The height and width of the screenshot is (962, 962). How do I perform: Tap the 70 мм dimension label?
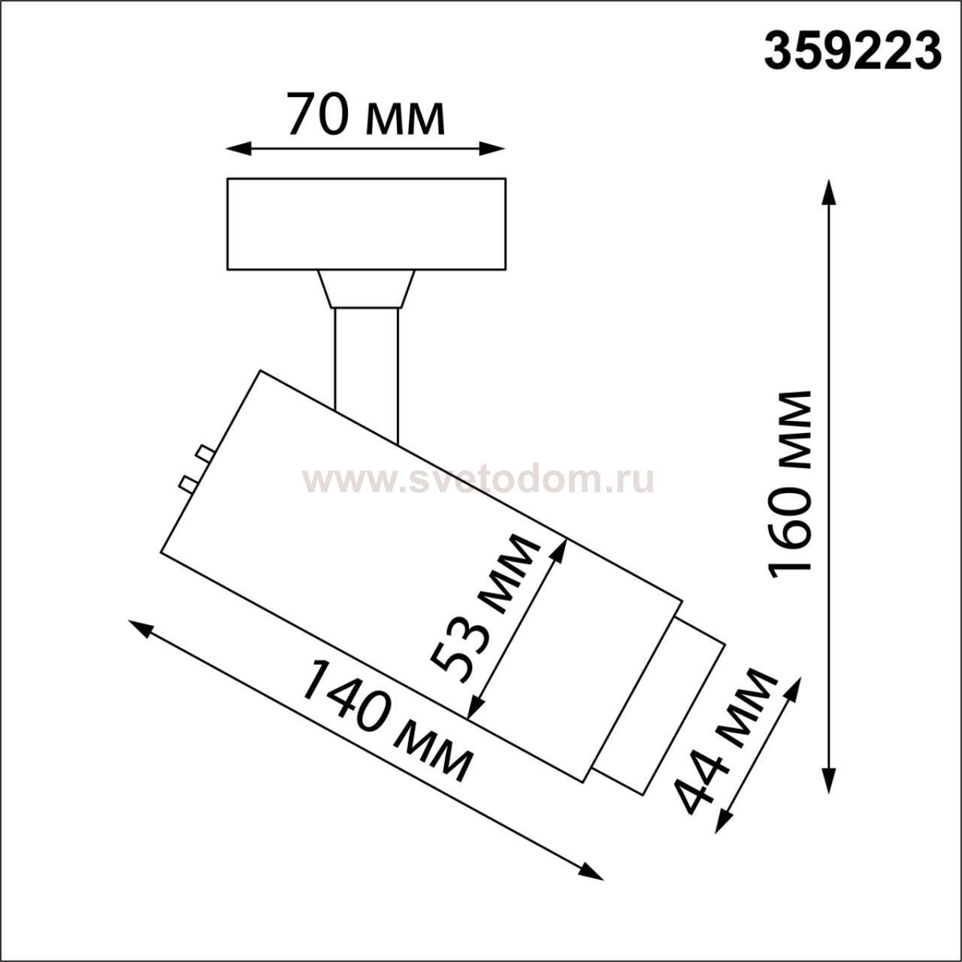pos(365,113)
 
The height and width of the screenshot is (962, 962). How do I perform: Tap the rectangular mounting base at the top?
pos(367,224)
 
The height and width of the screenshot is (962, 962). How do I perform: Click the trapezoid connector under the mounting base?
pos(367,289)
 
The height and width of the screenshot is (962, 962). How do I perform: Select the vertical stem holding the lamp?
pos(367,370)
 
